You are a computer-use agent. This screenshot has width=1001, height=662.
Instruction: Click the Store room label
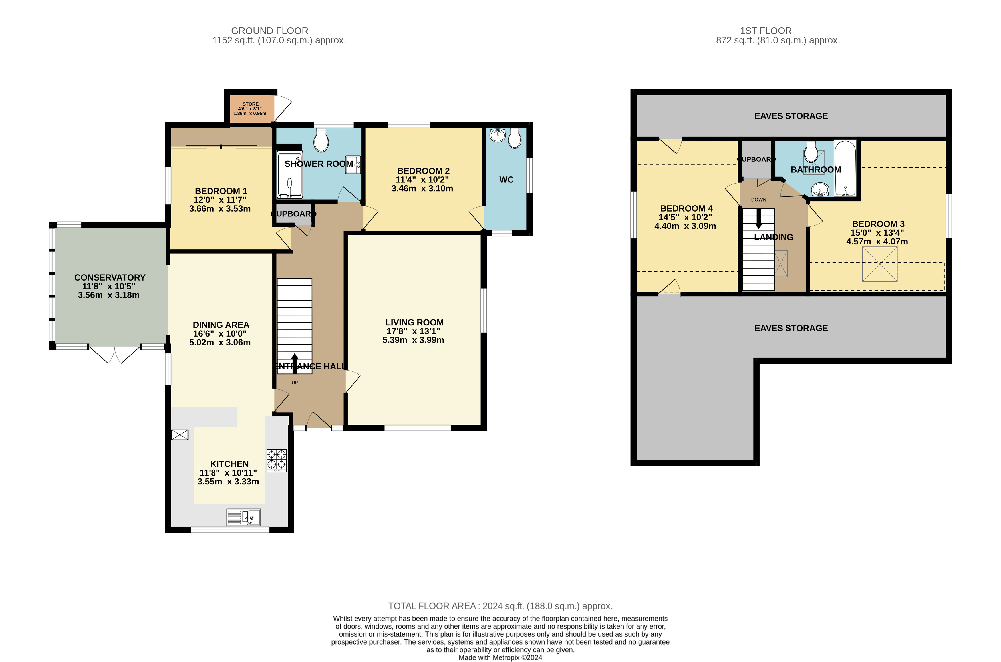(x=250, y=104)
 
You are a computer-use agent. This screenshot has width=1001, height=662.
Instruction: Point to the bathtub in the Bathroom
(x=845, y=168)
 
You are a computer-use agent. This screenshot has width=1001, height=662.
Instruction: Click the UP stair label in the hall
(x=295, y=383)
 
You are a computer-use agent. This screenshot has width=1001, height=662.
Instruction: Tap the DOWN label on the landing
(x=758, y=200)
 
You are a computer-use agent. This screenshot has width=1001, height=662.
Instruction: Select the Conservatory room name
(x=110, y=277)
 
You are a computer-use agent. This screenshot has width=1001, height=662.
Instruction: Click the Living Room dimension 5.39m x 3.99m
(x=413, y=340)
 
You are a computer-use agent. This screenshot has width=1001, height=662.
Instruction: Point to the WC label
(x=506, y=180)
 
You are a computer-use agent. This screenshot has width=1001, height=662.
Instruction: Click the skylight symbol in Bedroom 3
(x=879, y=264)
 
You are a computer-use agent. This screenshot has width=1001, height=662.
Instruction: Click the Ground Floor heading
(x=270, y=31)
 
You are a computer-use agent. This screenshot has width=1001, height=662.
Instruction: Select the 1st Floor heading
(x=766, y=31)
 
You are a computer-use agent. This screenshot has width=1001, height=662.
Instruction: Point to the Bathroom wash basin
(x=820, y=190)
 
